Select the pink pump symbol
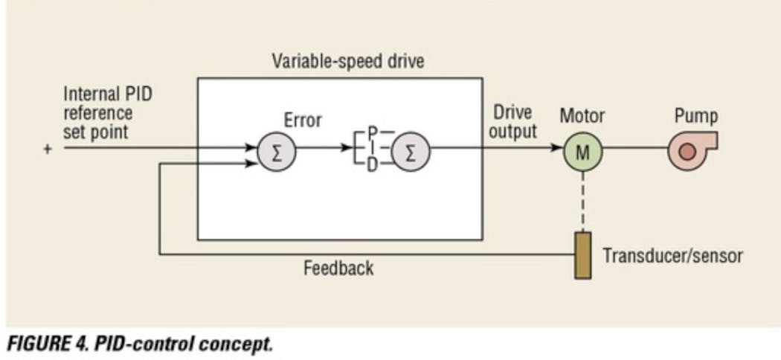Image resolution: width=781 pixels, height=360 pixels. (x=690, y=151)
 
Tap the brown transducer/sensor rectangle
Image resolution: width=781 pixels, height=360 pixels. (x=583, y=255)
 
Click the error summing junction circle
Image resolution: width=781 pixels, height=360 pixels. (x=277, y=152)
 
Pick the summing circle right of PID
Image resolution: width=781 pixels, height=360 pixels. (x=411, y=152)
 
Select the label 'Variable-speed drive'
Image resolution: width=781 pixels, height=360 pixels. (x=348, y=60)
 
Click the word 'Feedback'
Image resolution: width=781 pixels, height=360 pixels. (x=338, y=268)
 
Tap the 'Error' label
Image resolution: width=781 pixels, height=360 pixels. (x=303, y=120)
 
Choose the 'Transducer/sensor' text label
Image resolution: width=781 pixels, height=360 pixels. (x=672, y=256)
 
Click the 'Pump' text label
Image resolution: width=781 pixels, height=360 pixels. (x=695, y=116)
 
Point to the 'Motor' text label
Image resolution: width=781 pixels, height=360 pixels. (x=582, y=116)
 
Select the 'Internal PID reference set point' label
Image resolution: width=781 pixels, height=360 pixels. (x=108, y=114)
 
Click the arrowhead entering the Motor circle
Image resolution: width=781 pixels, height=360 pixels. (x=557, y=148)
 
